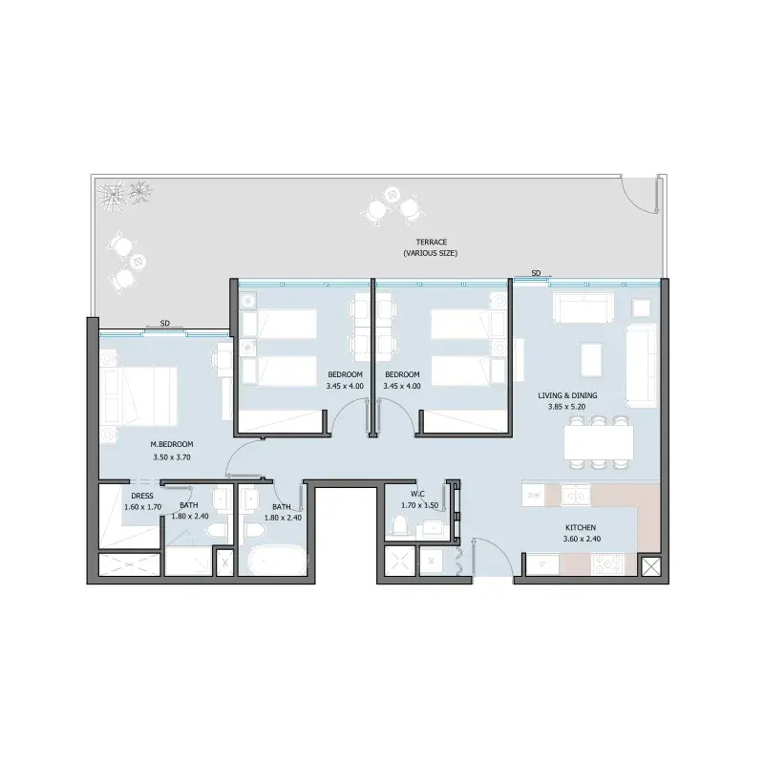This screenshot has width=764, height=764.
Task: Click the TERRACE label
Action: [432, 242]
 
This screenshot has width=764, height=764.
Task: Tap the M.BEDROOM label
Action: [172, 444]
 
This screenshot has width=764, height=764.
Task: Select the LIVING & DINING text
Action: [567, 395]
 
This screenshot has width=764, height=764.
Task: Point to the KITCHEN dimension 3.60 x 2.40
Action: [582, 539]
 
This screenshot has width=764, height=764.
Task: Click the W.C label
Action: [417, 495]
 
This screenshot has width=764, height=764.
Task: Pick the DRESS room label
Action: [142, 496]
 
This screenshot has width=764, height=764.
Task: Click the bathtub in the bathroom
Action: [278, 561]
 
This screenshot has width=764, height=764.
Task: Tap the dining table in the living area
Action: [599, 443]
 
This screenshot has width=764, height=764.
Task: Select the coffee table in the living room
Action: [591, 360]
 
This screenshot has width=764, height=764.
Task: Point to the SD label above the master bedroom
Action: [164, 323]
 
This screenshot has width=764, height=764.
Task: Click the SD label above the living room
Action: [536, 273]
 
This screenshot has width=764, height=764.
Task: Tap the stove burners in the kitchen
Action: [607, 564]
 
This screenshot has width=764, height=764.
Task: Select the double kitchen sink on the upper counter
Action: [576, 495]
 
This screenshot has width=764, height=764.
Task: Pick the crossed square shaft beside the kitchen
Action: [649, 567]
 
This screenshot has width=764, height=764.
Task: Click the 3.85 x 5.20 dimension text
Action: [566, 407]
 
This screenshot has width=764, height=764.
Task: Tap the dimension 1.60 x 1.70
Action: [142, 507]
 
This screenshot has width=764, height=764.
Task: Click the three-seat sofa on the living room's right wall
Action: [641, 366]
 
